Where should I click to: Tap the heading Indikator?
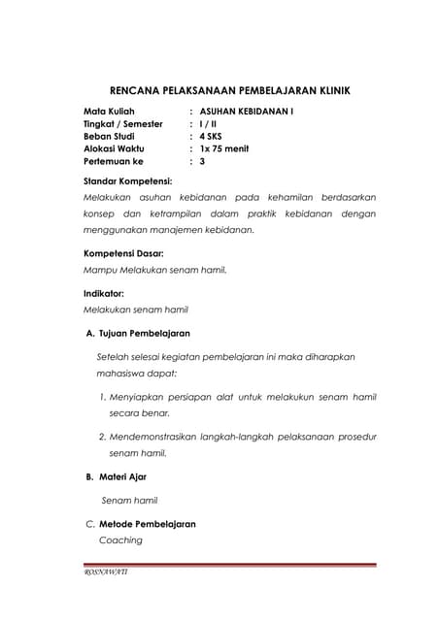(105, 292)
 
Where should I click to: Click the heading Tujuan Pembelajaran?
(145, 333)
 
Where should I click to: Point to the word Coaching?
(120, 539)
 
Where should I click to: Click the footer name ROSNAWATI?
(106, 572)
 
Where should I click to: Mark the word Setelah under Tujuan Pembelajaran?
(113, 357)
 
